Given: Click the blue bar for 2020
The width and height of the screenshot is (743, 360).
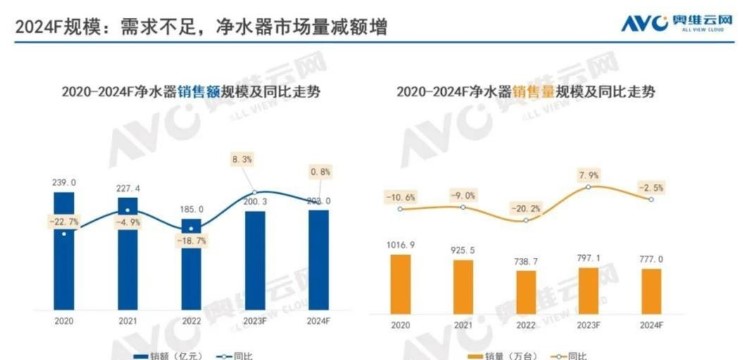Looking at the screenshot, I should [63, 251].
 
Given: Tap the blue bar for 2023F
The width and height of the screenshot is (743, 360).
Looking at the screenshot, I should [255, 260].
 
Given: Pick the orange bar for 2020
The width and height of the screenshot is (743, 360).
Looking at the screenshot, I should [401, 282].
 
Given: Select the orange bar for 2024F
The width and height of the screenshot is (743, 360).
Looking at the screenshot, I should [651, 290].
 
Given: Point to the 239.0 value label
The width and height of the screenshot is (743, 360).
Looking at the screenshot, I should [64, 182].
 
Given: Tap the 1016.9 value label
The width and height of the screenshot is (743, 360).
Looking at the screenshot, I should [401, 244].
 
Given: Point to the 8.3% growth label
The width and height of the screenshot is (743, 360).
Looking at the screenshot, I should [256, 159].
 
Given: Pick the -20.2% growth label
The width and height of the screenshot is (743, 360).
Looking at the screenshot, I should [526, 208].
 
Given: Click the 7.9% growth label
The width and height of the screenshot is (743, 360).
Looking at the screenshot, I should [588, 176].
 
